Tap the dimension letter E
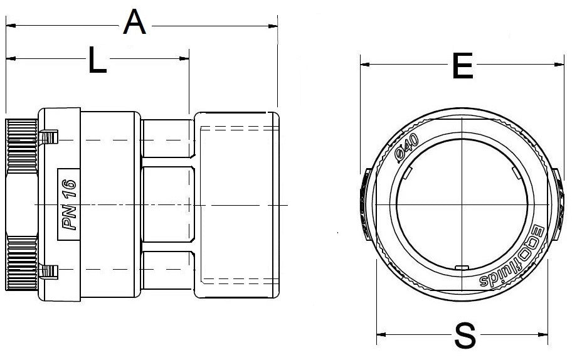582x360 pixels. (x=462, y=66)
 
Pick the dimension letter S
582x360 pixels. (x=465, y=336)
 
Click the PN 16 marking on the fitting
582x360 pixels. (x=68, y=204)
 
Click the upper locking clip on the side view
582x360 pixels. (x=48, y=137)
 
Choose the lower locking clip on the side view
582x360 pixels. (x=48, y=271)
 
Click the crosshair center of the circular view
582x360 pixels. (x=462, y=204)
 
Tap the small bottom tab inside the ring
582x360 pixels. (x=462, y=268)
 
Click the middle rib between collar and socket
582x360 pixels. (x=166, y=204)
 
